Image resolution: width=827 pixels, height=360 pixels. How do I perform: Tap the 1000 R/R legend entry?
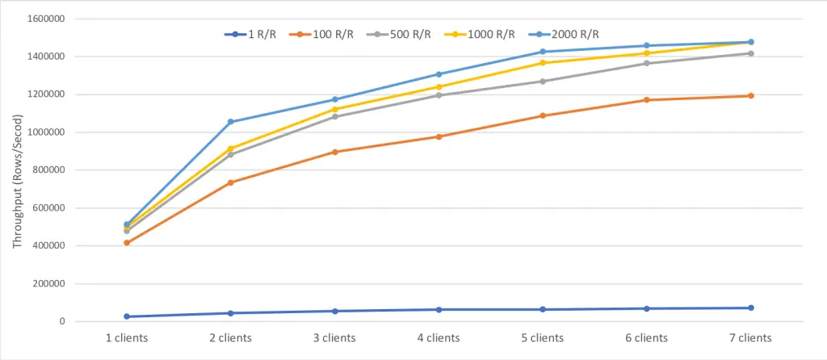pyautogui.click(x=488, y=34)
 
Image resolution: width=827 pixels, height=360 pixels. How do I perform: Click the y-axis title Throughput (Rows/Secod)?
pyautogui.click(x=18, y=170)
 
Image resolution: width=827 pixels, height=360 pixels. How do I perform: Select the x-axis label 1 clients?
pyautogui.click(x=127, y=337)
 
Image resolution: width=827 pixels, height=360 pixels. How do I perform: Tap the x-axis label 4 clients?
pyautogui.click(x=439, y=337)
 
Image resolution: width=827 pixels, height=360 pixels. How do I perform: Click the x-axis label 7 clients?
pyautogui.click(x=750, y=337)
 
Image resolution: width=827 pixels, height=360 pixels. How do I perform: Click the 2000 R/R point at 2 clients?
pyautogui.click(x=231, y=122)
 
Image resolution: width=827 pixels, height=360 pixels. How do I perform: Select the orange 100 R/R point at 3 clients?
pyautogui.click(x=334, y=152)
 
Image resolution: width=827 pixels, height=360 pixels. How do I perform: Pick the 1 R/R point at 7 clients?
pyautogui.click(x=750, y=308)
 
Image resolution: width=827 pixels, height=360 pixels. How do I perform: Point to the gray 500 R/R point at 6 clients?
pyautogui.click(x=646, y=63)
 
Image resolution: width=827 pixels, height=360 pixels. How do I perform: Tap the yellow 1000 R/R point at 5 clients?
pyautogui.click(x=543, y=63)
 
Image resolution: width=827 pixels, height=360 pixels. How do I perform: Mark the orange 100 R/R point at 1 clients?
pyautogui.click(x=127, y=243)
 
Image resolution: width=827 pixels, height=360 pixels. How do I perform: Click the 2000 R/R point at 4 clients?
pyautogui.click(x=439, y=74)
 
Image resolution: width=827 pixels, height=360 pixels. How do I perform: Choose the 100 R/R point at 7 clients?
pyautogui.click(x=750, y=96)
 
